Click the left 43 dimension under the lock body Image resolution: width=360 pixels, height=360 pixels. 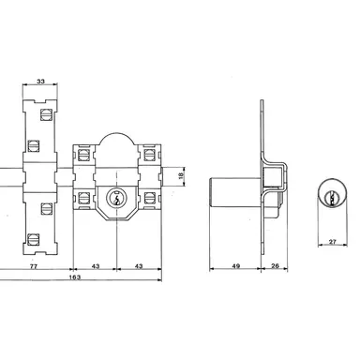click(x=97, y=267)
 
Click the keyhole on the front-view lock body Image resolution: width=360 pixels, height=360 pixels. click(x=116, y=198)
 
